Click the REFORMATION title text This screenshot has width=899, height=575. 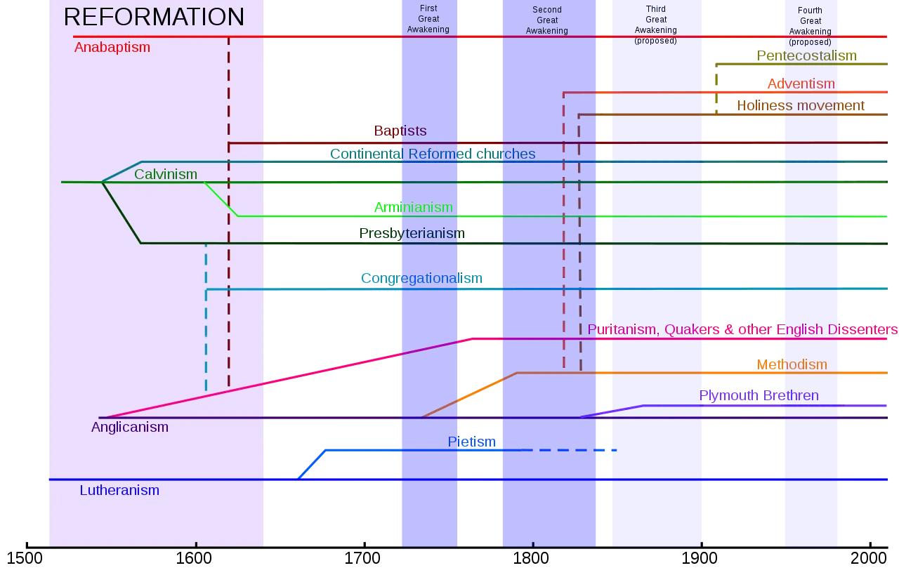pyautogui.click(x=154, y=17)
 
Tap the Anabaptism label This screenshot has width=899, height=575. pyautogui.click(x=112, y=48)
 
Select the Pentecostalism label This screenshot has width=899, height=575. pyautogui.click(x=806, y=55)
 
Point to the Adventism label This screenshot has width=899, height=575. pyautogui.click(x=801, y=84)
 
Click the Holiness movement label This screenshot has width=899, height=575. pyautogui.click(x=800, y=105)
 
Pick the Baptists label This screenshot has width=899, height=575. pyautogui.click(x=400, y=131)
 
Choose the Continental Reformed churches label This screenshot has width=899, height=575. pyautogui.click(x=433, y=154)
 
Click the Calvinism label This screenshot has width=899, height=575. pyautogui.click(x=166, y=174)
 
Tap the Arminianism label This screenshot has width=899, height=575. pyautogui.click(x=413, y=207)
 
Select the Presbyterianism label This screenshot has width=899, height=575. pyautogui.click(x=412, y=233)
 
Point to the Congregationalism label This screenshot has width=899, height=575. pyautogui.click(x=421, y=278)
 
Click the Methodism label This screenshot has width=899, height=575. pyautogui.click(x=792, y=364)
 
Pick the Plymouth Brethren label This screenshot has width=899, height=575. pyautogui.click(x=759, y=395)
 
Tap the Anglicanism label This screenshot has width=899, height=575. pyautogui.click(x=130, y=427)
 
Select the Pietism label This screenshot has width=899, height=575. pyautogui.click(x=471, y=442)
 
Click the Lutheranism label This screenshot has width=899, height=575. pyautogui.click(x=119, y=490)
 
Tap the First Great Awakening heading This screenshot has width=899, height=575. pyautogui.click(x=428, y=19)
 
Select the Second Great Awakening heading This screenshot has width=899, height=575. pyautogui.click(x=547, y=20)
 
